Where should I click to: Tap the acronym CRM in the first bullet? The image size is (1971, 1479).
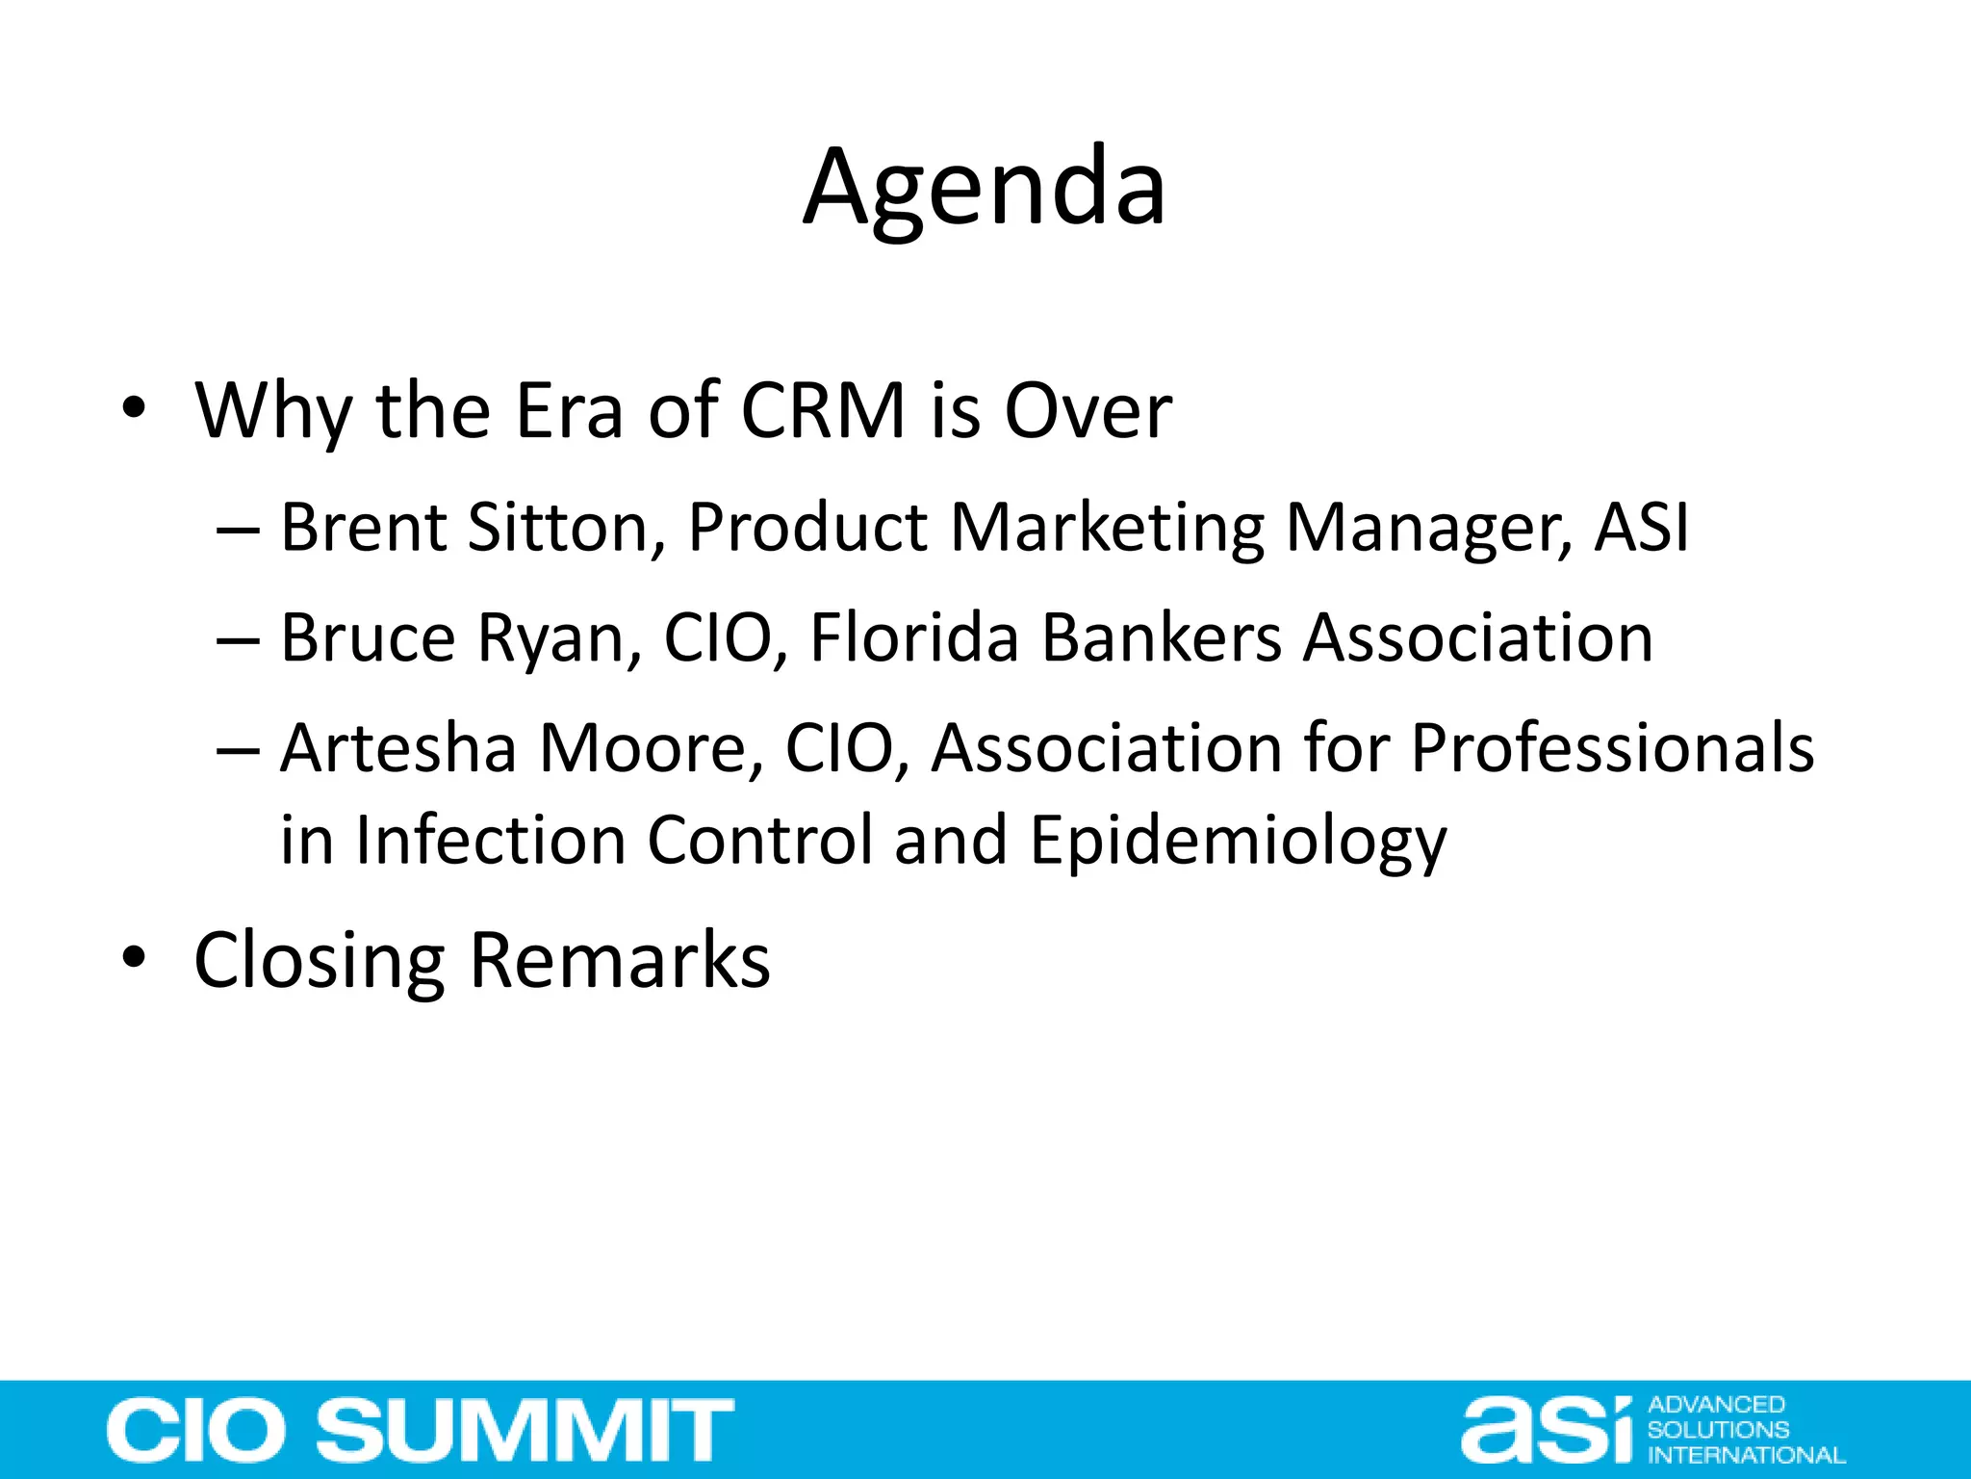(823, 411)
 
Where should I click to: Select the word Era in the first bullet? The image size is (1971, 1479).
(569, 411)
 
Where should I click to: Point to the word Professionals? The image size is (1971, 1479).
(1612, 748)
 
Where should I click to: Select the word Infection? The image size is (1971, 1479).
(490, 840)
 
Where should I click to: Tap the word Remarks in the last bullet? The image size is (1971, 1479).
(621, 960)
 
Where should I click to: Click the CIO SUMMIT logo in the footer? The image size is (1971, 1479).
(421, 1430)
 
